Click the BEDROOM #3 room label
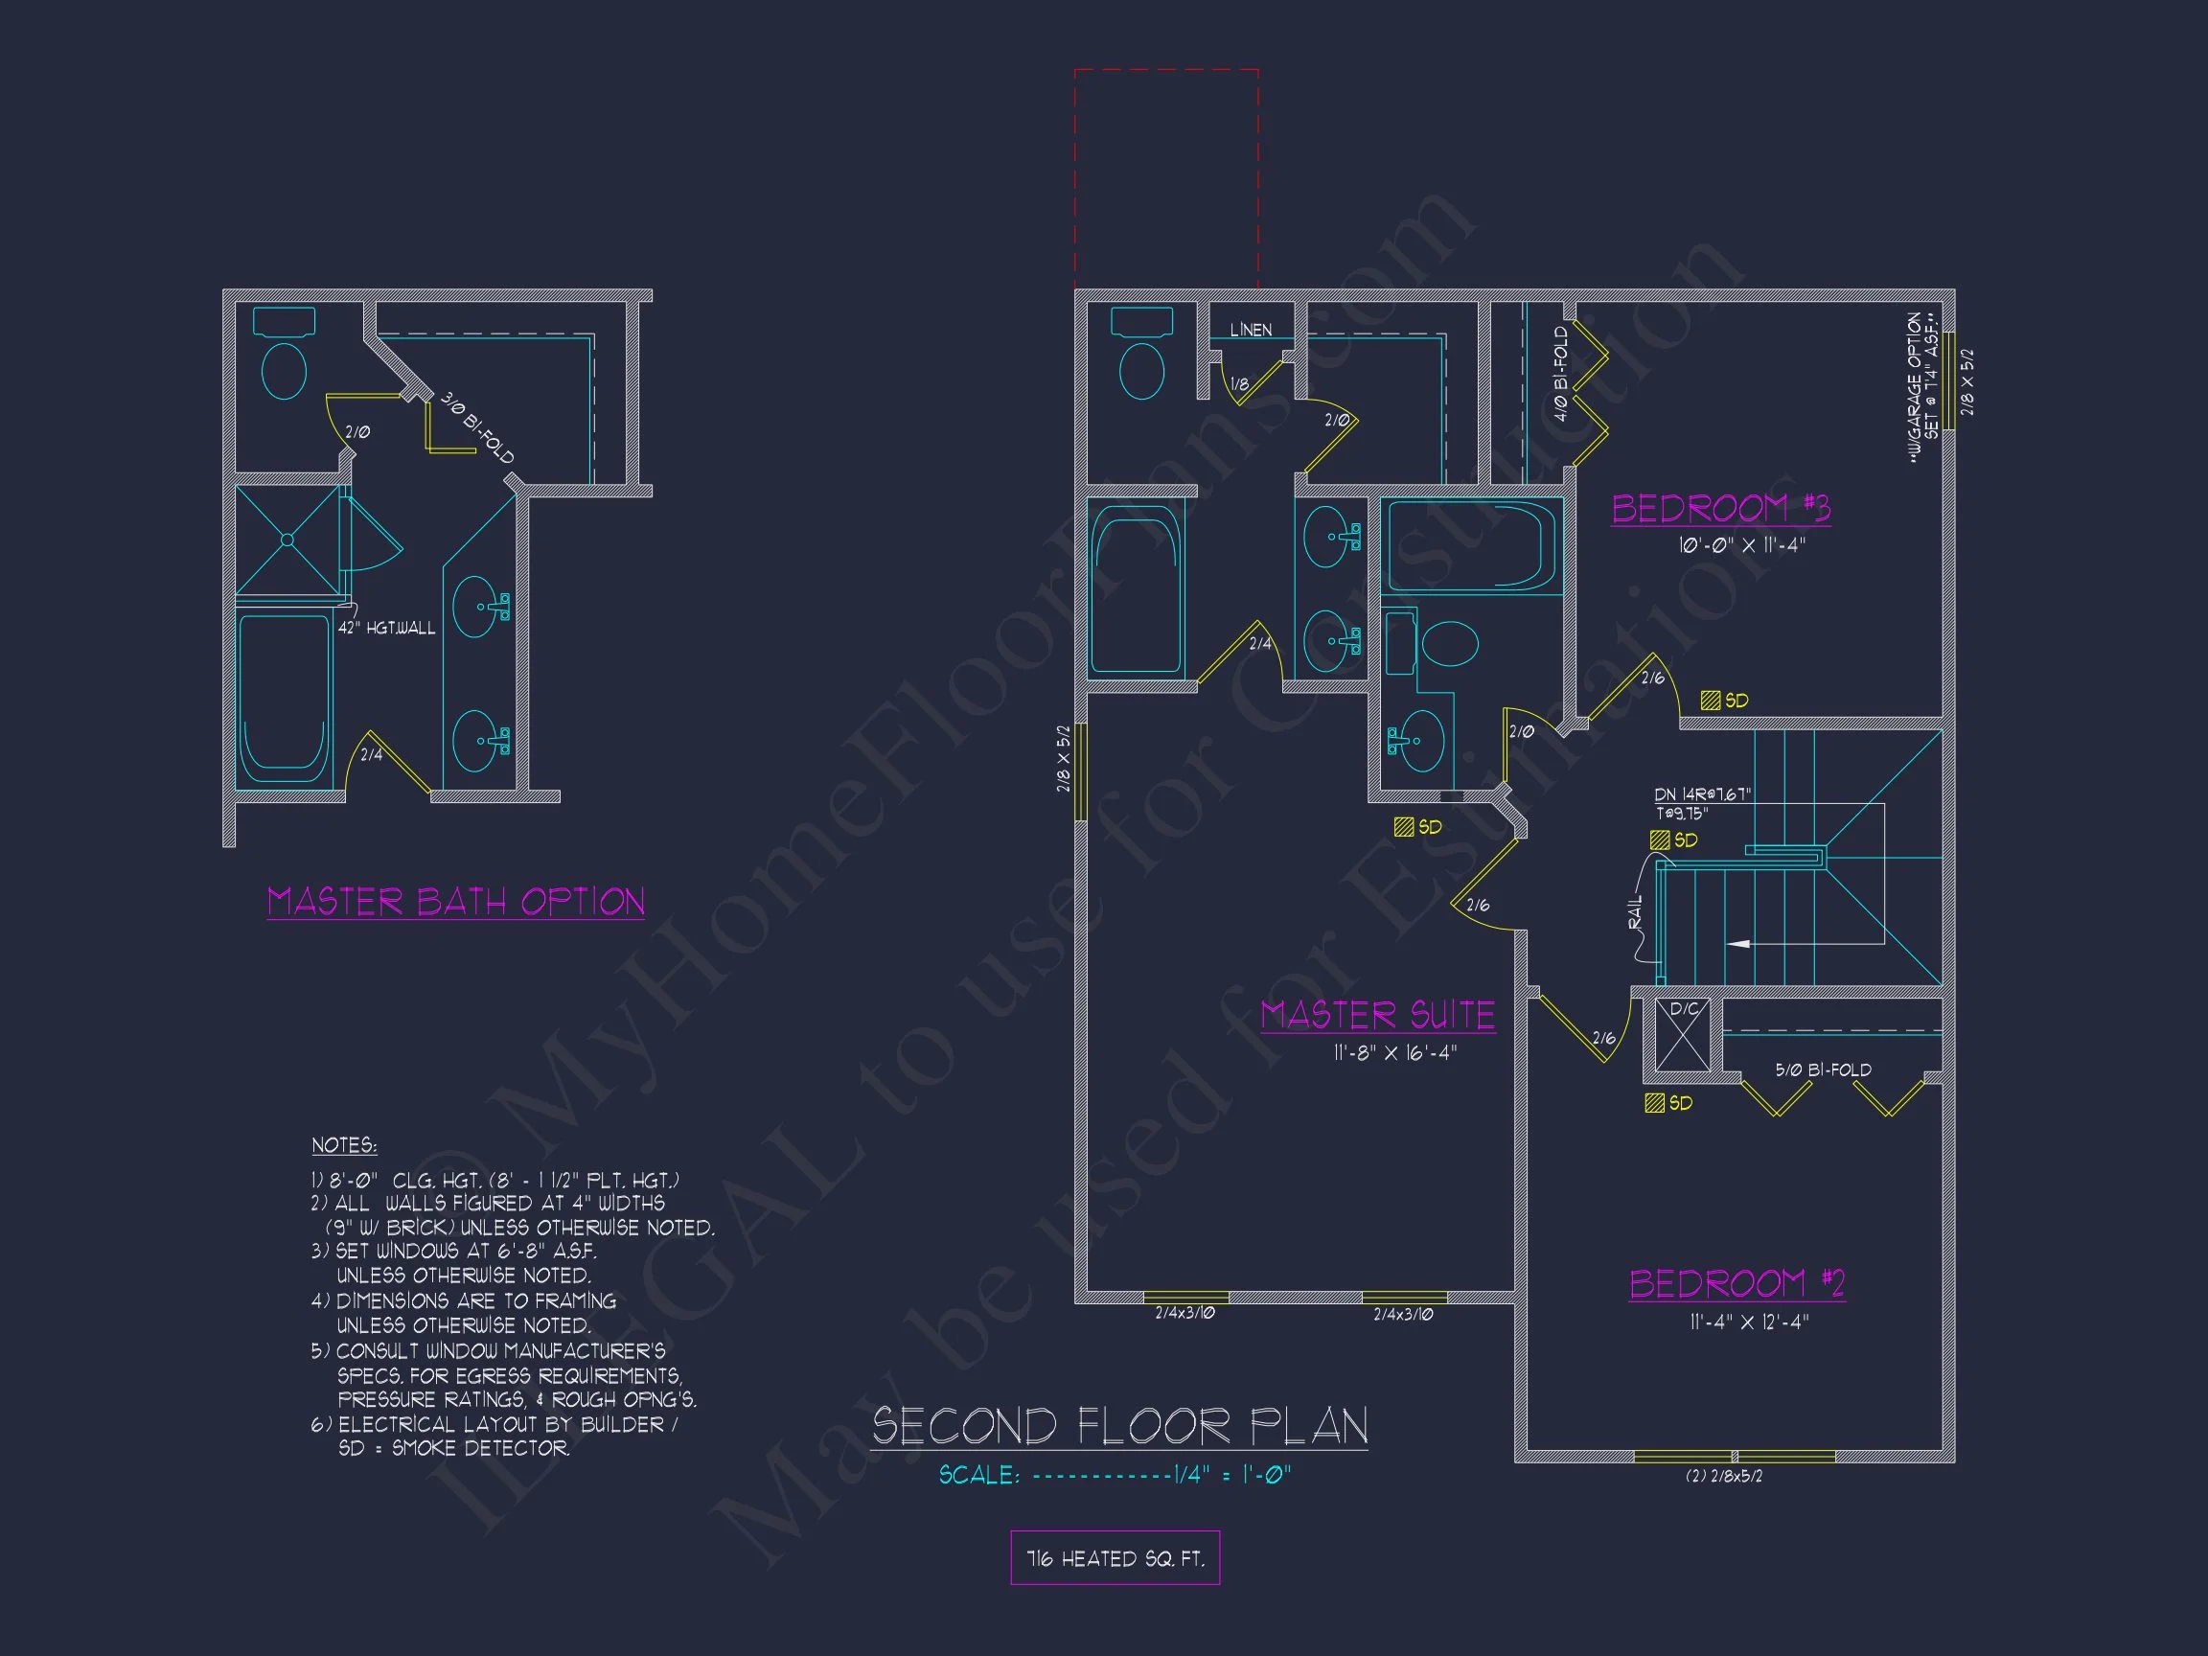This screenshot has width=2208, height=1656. tap(1720, 508)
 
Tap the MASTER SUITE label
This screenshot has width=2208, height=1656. tap(1377, 1015)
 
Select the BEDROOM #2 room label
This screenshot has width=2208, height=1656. tap(1736, 1282)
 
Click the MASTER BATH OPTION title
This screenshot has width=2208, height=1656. tap(455, 902)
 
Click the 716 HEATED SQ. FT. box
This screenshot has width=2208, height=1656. tap(1115, 1558)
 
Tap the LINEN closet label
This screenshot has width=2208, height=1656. tap(1251, 331)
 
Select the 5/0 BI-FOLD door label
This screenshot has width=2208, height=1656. tap(1823, 1070)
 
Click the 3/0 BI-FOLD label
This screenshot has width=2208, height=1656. tap(477, 428)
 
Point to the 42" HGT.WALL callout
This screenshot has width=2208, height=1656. tap(386, 628)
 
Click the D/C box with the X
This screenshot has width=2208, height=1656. tap(1683, 1034)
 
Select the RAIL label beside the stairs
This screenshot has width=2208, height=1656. tap(1634, 912)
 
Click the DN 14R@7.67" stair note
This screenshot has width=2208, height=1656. tap(1702, 794)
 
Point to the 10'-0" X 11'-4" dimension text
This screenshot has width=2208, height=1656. tap(1741, 546)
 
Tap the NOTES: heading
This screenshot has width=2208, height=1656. tap(343, 1145)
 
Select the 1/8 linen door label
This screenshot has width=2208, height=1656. tap(1239, 384)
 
